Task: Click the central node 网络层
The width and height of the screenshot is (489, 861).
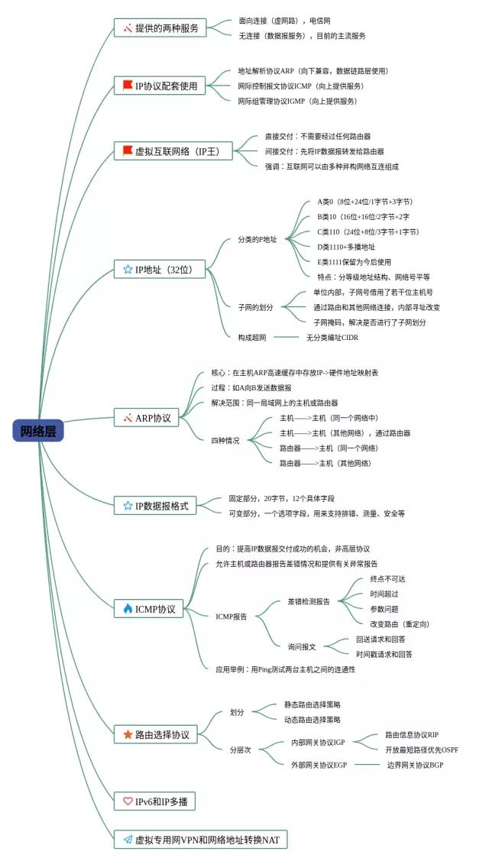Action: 38,431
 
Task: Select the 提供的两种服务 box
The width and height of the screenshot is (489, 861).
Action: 160,28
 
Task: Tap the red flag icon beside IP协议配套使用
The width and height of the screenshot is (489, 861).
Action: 128,86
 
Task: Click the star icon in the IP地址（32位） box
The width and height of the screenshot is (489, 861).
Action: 128,269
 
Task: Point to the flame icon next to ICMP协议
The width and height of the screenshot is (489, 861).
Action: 128,609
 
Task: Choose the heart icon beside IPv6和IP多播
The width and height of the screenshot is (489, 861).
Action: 128,801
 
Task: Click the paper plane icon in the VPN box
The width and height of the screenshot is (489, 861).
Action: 128,839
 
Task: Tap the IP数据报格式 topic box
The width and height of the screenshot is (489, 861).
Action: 156,505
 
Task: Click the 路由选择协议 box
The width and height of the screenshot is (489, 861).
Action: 156,734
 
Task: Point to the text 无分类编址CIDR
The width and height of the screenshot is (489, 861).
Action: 332,337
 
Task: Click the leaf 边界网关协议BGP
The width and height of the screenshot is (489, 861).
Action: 415,764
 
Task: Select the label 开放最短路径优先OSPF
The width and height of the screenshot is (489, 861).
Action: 422,749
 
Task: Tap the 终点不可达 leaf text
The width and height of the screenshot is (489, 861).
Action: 389,579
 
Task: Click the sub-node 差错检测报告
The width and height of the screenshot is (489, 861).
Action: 309,601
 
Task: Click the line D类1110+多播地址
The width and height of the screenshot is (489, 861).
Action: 346,247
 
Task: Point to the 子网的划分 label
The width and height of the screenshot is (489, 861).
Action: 255,307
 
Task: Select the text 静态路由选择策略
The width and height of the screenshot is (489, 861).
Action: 313,704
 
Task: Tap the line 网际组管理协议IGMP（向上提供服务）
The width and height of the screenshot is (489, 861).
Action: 297,101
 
